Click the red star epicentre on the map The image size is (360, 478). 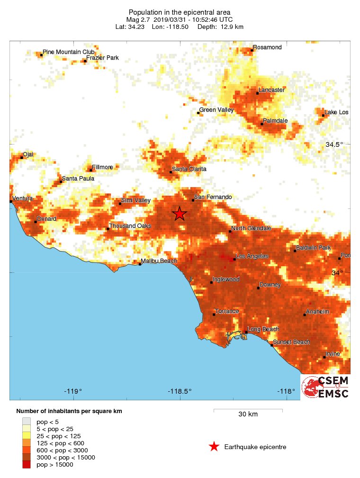click(179, 214)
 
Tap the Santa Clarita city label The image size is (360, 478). click(189, 169)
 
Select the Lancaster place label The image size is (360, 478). click(271, 90)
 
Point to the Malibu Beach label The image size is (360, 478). click(159, 261)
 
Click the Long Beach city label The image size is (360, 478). click(264, 329)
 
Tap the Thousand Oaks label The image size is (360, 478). click(130, 226)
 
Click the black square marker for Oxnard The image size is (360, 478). click(36, 222)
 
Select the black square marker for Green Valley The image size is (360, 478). click(198, 113)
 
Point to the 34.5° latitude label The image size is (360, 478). click(334, 144)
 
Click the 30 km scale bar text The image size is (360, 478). click(248, 415)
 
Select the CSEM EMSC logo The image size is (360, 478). click(325, 387)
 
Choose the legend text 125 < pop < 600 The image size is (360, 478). click(63, 443)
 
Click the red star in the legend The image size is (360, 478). click(214, 447)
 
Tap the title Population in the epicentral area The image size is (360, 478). click(180, 12)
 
